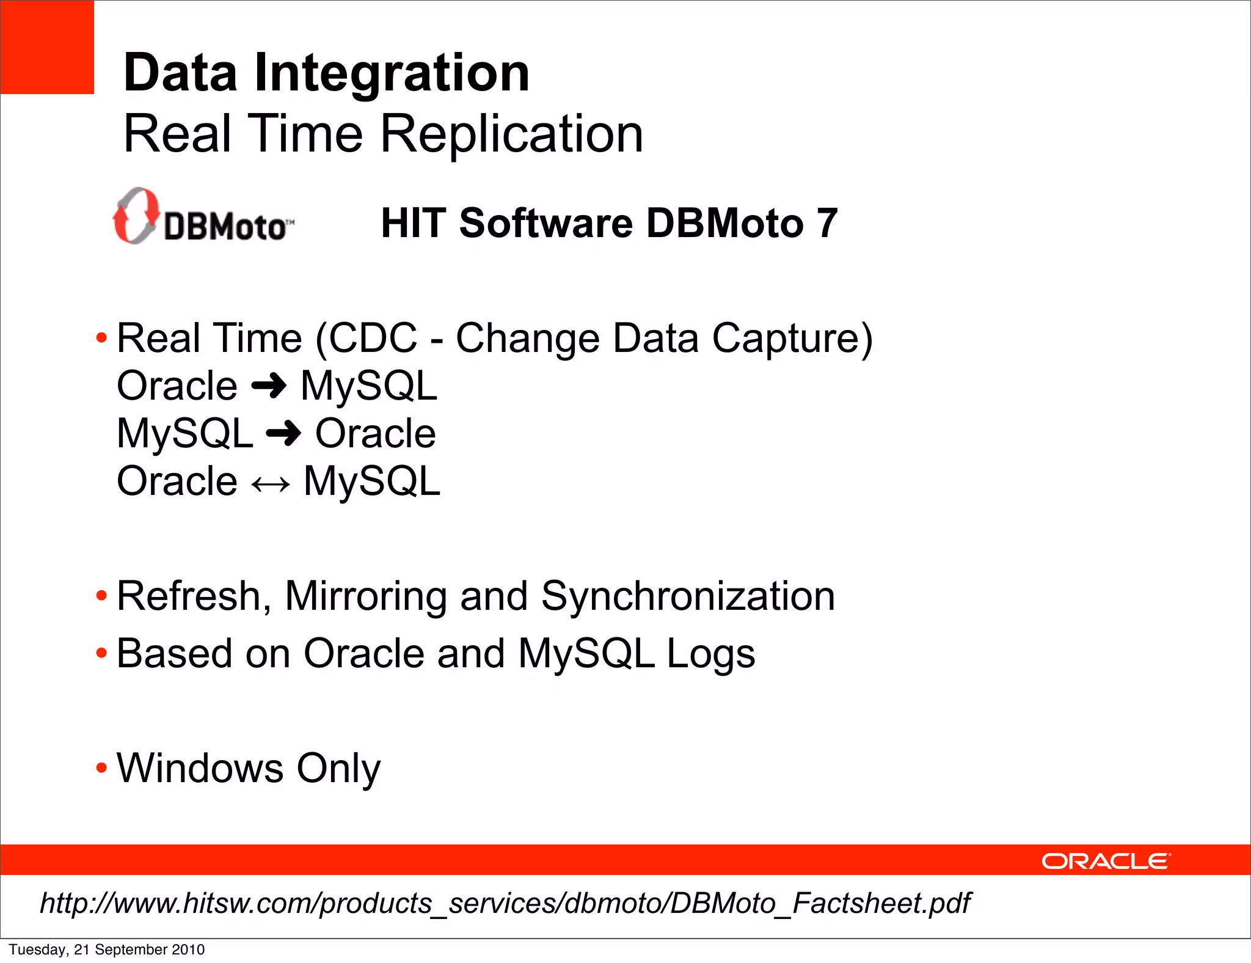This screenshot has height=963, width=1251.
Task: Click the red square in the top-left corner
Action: [46, 47]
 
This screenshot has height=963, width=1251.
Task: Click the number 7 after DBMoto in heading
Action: [827, 223]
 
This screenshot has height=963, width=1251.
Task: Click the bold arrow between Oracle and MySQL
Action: [269, 386]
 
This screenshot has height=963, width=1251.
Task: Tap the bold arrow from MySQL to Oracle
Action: [283, 434]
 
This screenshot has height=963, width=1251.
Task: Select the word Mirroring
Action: [365, 596]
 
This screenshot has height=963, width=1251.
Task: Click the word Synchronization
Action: [688, 596]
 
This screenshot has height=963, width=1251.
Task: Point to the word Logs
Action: [710, 654]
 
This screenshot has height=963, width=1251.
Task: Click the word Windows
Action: [200, 768]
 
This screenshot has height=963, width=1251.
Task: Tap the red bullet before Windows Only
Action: [101, 768]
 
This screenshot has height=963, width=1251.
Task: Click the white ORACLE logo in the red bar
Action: [1106, 861]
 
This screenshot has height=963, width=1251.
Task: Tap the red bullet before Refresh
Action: [101, 596]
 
